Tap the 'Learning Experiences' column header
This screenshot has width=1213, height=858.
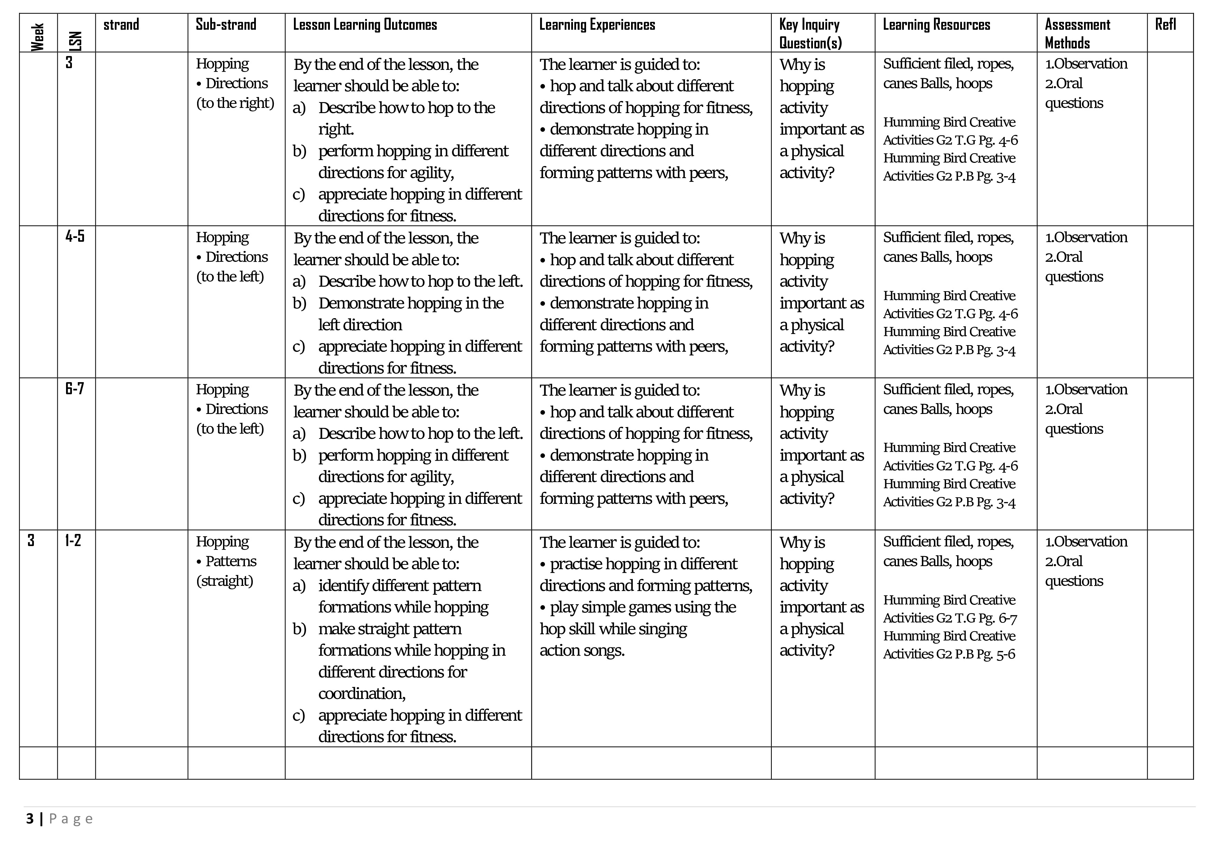(596, 25)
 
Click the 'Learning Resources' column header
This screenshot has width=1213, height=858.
(936, 25)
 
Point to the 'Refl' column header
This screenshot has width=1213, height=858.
(1165, 25)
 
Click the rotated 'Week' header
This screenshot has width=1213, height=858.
(37, 37)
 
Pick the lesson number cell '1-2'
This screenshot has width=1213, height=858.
(73, 541)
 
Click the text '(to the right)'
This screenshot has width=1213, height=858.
(235, 103)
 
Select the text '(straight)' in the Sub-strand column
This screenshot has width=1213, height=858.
(224, 581)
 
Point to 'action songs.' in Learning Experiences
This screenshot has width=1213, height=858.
(582, 651)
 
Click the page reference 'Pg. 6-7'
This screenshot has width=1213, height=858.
(998, 618)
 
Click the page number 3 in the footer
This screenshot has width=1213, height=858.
(30, 819)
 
